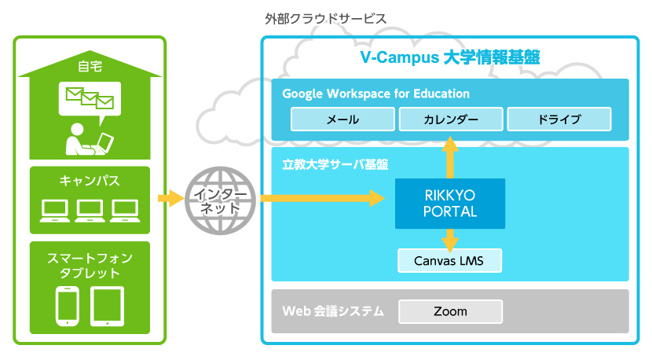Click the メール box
coord(342,119)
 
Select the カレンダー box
coord(451,119)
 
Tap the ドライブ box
coord(559,119)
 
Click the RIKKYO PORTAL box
coord(450,204)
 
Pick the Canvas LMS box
coord(449,260)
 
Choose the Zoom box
coord(450,311)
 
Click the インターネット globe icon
coord(221,200)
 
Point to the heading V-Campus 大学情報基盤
coord(450,57)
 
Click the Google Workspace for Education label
coord(376,94)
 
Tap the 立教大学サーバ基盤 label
coord(335,164)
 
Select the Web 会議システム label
coord(333,311)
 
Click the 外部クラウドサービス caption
coord(325,19)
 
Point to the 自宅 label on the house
coord(90,66)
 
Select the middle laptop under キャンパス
coord(90,211)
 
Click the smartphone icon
coord(68,307)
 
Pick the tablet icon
coord(108,307)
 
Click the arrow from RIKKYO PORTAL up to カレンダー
coord(450,157)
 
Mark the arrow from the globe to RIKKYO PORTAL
coord(323,199)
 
